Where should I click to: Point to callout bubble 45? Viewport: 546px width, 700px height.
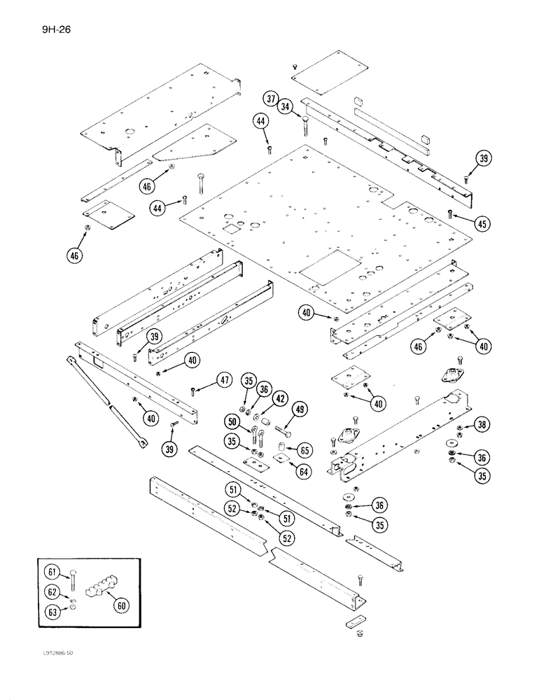point(481,224)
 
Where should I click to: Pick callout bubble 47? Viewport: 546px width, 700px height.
point(223,381)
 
